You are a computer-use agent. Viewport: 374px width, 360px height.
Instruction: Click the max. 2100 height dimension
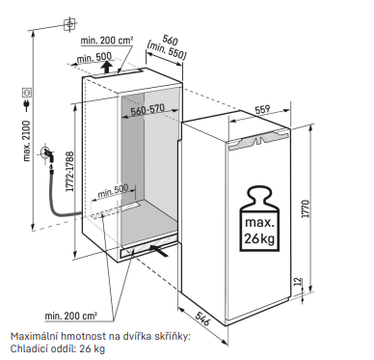coord(27,141)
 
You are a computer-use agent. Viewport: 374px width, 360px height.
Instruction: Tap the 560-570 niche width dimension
coord(147,110)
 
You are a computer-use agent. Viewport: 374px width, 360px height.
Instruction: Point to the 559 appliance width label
coord(262,110)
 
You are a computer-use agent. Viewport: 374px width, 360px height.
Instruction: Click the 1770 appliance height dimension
coord(306,208)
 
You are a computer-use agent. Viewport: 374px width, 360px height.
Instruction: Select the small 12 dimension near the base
coord(298,282)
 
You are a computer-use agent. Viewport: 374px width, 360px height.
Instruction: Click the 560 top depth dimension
coord(170,40)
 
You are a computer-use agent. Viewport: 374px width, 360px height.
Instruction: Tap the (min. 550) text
coord(167,50)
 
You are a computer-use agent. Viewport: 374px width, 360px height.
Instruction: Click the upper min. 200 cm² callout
coord(107,41)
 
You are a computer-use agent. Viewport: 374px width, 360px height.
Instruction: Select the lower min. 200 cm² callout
coord(70,316)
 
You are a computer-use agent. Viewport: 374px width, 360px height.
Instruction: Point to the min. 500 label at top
coord(94,58)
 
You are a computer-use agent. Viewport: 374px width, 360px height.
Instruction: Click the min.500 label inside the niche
coord(113,191)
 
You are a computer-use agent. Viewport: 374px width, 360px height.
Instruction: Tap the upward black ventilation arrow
coord(106,67)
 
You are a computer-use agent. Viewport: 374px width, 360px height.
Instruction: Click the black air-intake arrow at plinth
coord(159,250)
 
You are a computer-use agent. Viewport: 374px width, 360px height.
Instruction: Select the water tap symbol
coord(47,153)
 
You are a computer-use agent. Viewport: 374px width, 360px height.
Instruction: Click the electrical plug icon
coord(27,105)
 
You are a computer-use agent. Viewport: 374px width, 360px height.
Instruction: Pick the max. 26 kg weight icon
coord(259,220)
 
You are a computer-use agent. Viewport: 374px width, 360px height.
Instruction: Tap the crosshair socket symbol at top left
coord(69,24)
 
